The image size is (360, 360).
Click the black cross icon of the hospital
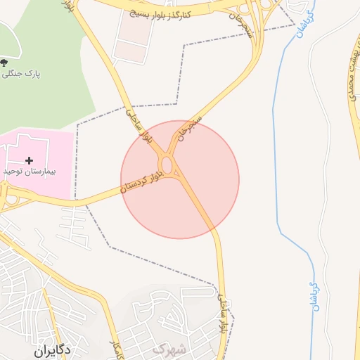(x=29, y=161)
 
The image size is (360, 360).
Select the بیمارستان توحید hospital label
(x=28, y=171)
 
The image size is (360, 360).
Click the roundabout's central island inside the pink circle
(x=167, y=165)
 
